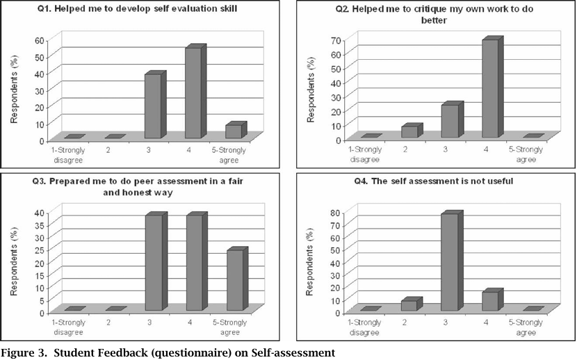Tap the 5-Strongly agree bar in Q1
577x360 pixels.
coord(233,131)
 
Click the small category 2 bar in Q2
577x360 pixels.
coord(409,131)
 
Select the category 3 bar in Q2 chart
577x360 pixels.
coord(450,121)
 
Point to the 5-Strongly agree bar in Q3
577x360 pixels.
coord(234,280)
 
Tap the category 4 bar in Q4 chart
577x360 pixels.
coord(490,301)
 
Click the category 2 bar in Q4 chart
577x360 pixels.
coord(409,305)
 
